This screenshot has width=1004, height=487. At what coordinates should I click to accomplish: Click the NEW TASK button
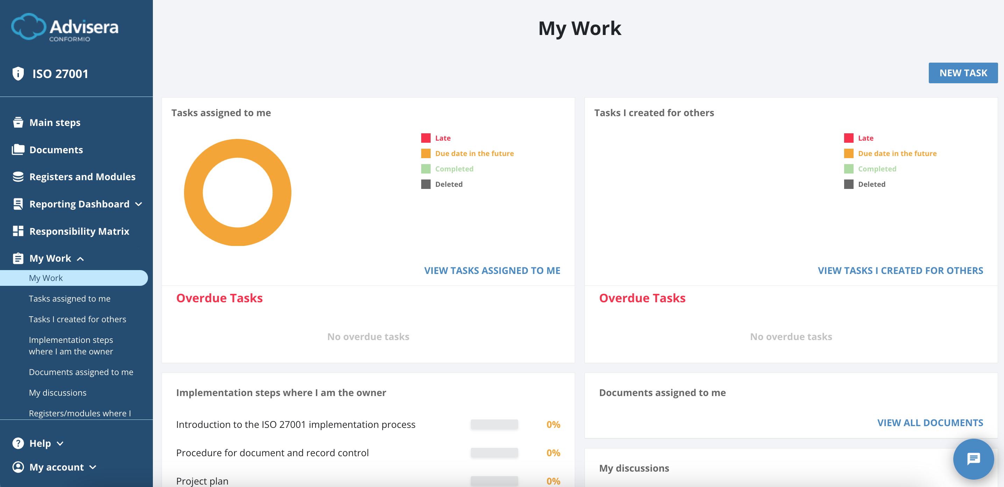tap(963, 73)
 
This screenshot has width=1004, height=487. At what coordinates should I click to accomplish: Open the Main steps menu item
tap(55, 122)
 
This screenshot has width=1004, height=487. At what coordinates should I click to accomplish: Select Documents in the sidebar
tap(56, 150)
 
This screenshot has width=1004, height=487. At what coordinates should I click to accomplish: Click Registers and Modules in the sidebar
tap(82, 177)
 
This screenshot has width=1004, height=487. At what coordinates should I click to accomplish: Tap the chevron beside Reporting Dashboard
tap(139, 204)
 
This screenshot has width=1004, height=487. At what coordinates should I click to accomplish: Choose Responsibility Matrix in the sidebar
tap(79, 231)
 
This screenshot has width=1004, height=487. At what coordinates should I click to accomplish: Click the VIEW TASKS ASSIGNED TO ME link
tap(492, 270)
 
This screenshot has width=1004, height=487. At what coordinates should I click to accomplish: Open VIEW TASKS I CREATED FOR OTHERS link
tap(900, 270)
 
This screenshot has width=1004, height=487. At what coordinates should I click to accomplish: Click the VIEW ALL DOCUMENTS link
tap(929, 422)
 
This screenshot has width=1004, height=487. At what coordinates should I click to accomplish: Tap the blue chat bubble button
tap(973, 459)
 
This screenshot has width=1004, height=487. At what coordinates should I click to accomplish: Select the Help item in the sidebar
tap(40, 443)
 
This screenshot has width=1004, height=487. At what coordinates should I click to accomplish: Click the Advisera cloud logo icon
tap(28, 27)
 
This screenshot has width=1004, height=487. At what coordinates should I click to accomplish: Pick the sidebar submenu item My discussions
tap(58, 393)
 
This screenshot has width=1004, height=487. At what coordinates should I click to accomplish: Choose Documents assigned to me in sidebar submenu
tap(81, 372)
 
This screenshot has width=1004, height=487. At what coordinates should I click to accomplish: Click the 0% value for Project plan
tap(553, 481)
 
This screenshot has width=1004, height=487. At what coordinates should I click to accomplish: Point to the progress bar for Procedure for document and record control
tap(494, 453)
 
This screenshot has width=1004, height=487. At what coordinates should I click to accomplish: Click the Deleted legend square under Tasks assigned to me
tap(426, 184)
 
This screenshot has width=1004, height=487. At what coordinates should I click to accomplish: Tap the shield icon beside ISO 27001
tap(18, 73)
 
